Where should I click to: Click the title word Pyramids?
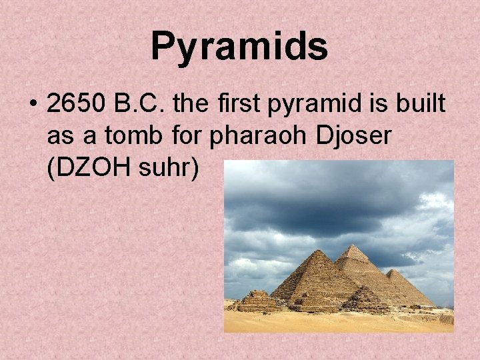coord(239,47)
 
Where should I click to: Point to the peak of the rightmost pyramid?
coord(396,270)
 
